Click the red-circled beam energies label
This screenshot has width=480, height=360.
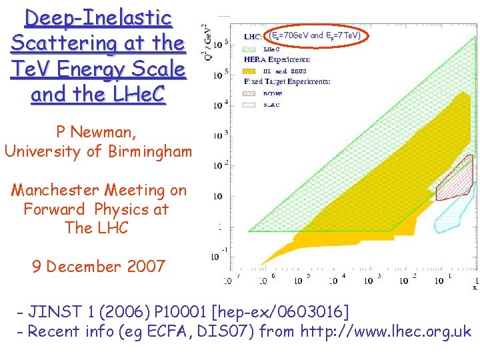tap(314, 35)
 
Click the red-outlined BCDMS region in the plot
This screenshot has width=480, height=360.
tap(455, 179)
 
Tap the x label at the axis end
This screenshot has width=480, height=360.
tap(475, 288)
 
